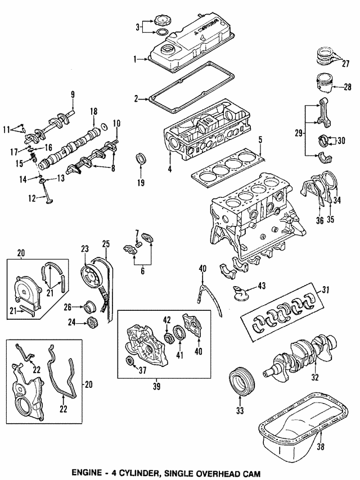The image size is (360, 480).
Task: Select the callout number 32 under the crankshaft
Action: click(x=316, y=377)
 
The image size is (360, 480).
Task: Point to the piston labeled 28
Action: click(x=323, y=84)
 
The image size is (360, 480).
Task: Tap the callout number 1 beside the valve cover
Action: click(x=134, y=59)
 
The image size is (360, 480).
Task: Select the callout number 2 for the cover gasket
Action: click(x=136, y=99)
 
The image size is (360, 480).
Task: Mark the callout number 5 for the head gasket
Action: click(x=260, y=139)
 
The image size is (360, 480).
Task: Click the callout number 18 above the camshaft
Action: click(x=94, y=112)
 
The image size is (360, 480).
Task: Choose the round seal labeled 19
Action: click(x=139, y=159)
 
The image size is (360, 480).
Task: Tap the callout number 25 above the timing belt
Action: click(x=105, y=243)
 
